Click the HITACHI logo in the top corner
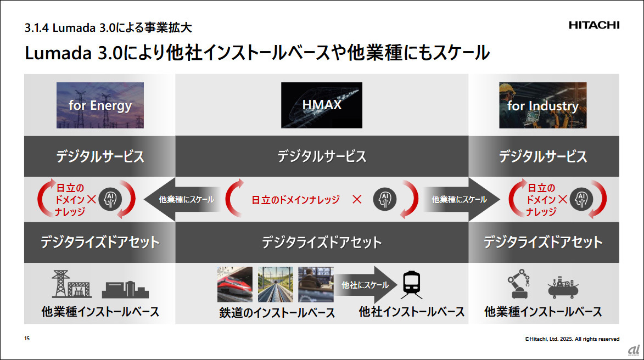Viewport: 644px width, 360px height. point(593,25)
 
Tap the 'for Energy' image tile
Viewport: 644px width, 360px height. point(100,105)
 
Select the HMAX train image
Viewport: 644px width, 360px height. point(322,105)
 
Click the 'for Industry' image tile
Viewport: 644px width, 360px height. point(542,105)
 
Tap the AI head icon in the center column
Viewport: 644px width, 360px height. point(385,199)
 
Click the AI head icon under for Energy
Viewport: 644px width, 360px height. point(110,199)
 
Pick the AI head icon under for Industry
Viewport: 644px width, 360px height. point(580,199)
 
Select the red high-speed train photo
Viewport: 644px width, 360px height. point(234,284)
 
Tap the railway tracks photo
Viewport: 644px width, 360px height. point(275,284)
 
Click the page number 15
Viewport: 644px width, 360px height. point(27,339)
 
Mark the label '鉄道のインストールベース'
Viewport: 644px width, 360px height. point(277,313)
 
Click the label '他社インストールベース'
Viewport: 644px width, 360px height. point(412,312)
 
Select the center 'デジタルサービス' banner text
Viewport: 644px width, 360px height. point(322,156)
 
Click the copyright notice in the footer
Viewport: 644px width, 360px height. point(571,339)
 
